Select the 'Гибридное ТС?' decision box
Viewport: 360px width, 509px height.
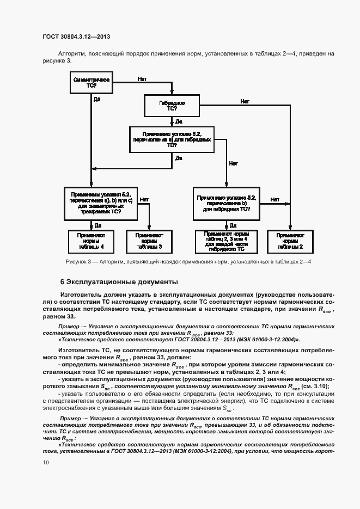(x=172, y=106)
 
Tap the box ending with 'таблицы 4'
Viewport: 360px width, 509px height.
(x=90, y=241)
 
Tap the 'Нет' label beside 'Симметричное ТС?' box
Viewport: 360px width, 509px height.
(x=142, y=78)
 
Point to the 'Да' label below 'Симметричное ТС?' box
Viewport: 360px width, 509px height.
(x=96, y=100)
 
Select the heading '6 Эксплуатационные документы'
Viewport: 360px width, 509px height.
(x=119, y=282)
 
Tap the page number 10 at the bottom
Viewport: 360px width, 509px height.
(x=46, y=462)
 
